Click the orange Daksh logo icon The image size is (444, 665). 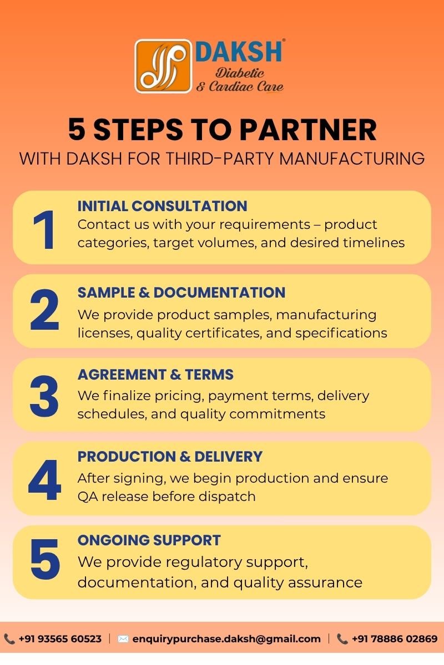(x=163, y=66)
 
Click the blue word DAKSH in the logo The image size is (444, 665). (x=239, y=52)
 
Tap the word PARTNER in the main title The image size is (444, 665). (x=308, y=129)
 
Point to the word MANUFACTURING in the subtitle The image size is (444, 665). (x=352, y=158)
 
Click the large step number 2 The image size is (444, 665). (x=44, y=310)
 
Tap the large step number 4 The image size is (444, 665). (x=44, y=480)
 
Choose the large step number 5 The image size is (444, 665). (x=45, y=559)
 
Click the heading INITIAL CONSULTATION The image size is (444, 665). (x=163, y=206)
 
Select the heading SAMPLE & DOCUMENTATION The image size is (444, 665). (x=181, y=293)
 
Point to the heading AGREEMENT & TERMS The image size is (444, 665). (x=155, y=375)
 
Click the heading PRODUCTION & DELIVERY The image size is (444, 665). (x=170, y=457)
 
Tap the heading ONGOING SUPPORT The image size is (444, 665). (x=149, y=540)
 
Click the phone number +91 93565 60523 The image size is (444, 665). (x=60, y=639)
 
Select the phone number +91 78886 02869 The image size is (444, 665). (x=395, y=639)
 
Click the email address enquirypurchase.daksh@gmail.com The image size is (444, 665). (x=226, y=639)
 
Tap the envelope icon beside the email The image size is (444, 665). (x=123, y=639)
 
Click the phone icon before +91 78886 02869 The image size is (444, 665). (x=342, y=639)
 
